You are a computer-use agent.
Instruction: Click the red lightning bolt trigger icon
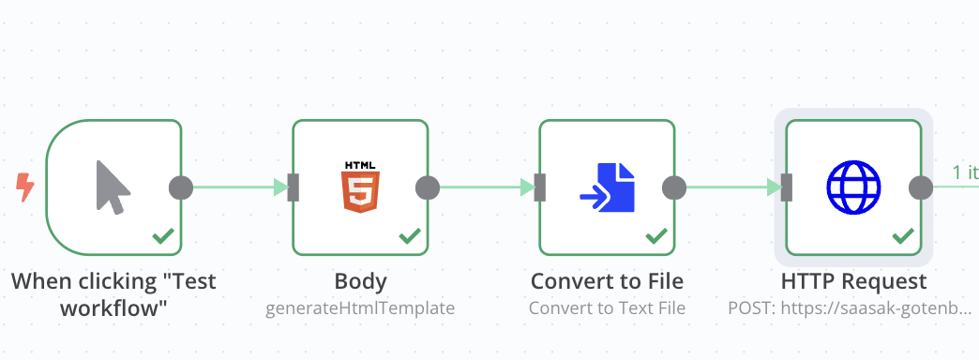pos(25,187)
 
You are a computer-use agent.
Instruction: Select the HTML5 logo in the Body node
pos(360,187)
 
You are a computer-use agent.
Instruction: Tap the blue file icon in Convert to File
pos(608,187)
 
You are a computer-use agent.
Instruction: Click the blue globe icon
pos(853,187)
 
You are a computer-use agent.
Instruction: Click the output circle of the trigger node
pos(181,187)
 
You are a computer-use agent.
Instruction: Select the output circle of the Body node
pos(428,187)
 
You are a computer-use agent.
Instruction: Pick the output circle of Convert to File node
pos(674,187)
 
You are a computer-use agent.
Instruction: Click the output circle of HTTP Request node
pos(921,187)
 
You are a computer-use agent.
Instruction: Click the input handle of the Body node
pos(294,187)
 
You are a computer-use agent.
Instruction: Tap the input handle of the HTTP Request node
pos(787,187)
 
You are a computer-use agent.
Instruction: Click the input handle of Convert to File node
pos(540,187)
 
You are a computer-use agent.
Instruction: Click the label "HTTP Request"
pos(853,281)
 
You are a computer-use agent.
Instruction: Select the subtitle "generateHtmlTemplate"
pos(360,307)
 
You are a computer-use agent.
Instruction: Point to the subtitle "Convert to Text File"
pos(607,307)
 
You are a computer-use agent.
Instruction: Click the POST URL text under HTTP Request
pos(850,307)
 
